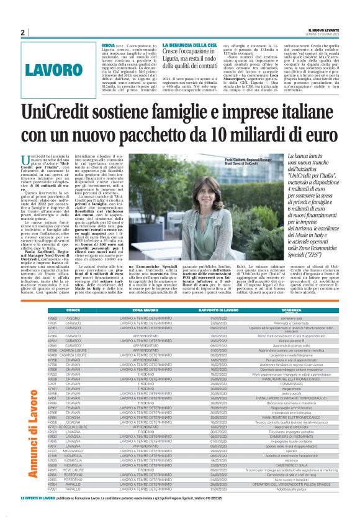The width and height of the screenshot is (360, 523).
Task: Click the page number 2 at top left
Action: (22, 32)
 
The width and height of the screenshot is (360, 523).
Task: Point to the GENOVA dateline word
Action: (108, 45)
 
